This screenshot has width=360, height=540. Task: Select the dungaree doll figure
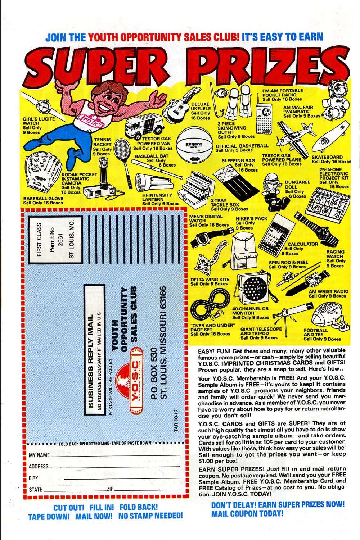[x=271, y=189]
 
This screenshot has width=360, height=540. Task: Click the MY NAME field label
[x=39, y=455]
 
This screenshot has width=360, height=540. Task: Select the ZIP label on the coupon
[x=110, y=489]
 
